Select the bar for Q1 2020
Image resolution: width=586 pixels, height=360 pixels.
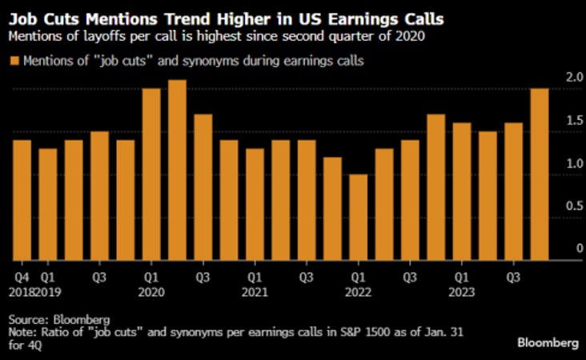coord(151,174)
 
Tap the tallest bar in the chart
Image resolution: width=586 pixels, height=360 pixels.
coord(177,170)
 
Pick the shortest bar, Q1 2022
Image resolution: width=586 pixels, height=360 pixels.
coord(358,218)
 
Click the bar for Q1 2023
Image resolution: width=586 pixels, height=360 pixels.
coord(461,192)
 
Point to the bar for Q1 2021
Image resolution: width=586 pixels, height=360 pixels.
coord(255,205)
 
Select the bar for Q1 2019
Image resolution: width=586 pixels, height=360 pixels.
coord(47,205)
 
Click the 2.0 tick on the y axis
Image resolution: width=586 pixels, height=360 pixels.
coord(572,77)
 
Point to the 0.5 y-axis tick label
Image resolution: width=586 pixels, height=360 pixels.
coord(572,206)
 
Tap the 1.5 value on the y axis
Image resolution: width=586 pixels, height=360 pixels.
coord(572,120)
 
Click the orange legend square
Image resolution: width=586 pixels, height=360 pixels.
coord(14,61)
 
